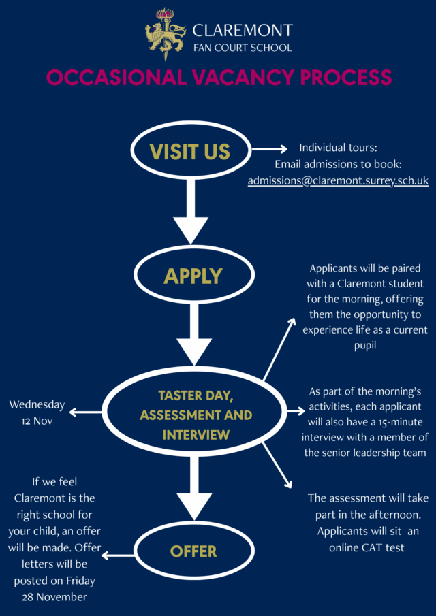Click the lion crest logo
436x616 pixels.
164,35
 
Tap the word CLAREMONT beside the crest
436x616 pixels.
242,30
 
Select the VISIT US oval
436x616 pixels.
190,151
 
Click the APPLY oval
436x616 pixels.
193,276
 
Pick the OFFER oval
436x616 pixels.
193,551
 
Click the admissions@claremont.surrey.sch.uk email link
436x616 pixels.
338,181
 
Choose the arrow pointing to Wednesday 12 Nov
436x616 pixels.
85,412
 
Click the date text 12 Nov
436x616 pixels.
37,421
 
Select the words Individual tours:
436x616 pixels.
338,148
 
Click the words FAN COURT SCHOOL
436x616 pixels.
243,48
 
